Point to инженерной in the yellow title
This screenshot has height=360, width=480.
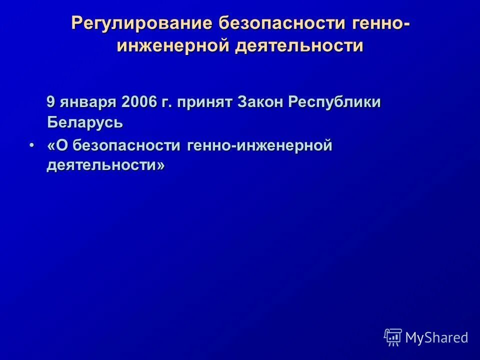173,46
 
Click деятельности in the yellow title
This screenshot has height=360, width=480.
299,46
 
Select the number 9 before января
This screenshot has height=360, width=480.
51,102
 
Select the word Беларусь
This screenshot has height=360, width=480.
85,122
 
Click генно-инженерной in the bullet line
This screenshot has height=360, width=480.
260,146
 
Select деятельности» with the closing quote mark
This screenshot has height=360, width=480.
105,165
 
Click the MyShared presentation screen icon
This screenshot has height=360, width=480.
393,337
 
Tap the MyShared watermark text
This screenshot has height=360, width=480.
436,338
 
